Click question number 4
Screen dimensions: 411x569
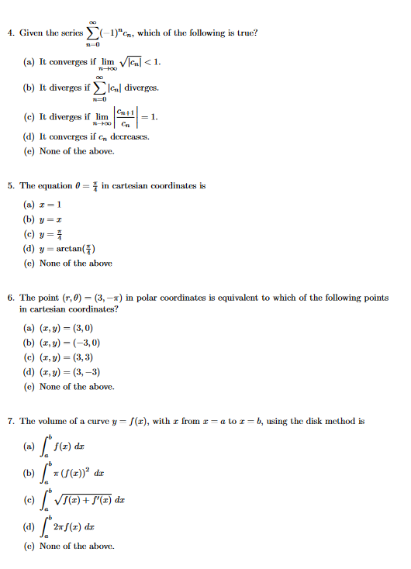coord(9,33)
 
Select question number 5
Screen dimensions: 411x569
coord(9,186)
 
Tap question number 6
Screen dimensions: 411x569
coord(9,298)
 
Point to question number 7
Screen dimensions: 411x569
coord(9,422)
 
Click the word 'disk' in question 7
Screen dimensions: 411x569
coord(312,422)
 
